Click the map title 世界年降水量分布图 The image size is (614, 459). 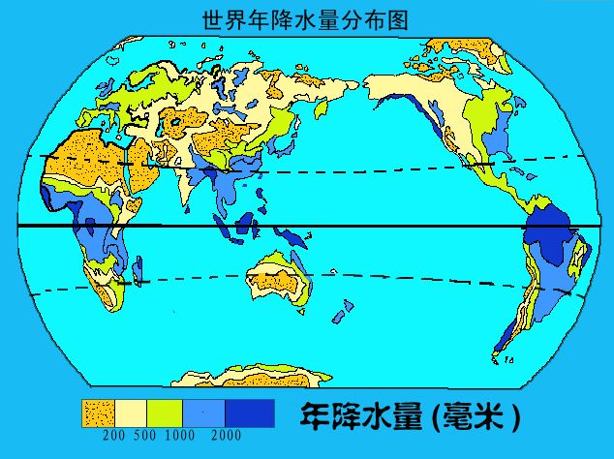point(306,19)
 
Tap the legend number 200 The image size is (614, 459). point(113,435)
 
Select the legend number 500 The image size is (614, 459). point(144,435)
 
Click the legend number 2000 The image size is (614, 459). point(226,435)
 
